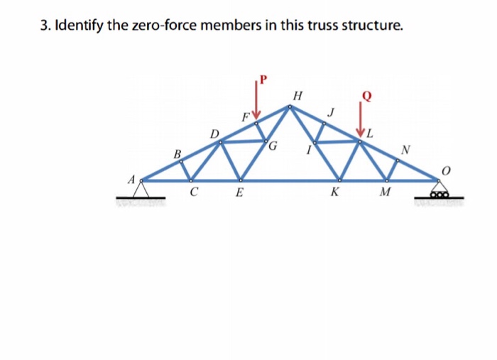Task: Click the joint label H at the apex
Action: click(297, 96)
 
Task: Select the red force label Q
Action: click(367, 94)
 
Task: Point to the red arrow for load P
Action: click(258, 101)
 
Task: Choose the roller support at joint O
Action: click(440, 190)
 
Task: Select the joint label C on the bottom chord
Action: click(193, 191)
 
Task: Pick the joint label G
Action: click(273, 147)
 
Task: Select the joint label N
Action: click(405, 149)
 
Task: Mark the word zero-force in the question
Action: click(163, 27)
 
